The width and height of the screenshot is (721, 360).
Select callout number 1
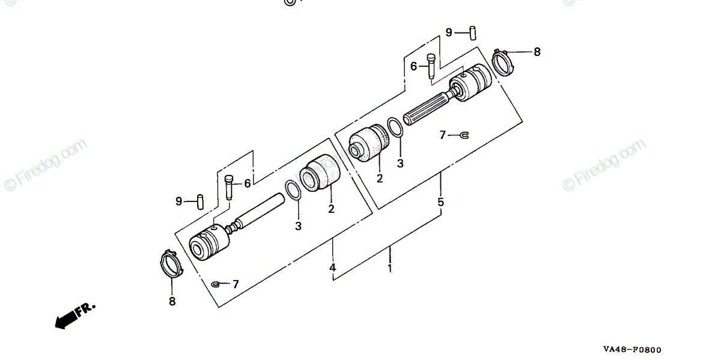(389, 269)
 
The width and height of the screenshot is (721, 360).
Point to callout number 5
(440, 202)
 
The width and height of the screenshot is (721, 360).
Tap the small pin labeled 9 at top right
(473, 30)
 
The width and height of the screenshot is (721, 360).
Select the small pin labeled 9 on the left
(201, 201)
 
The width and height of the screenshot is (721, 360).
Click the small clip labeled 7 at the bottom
(217, 283)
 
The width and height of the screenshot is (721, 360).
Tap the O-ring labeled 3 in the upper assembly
(394, 127)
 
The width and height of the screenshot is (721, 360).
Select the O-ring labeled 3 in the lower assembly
(293, 190)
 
